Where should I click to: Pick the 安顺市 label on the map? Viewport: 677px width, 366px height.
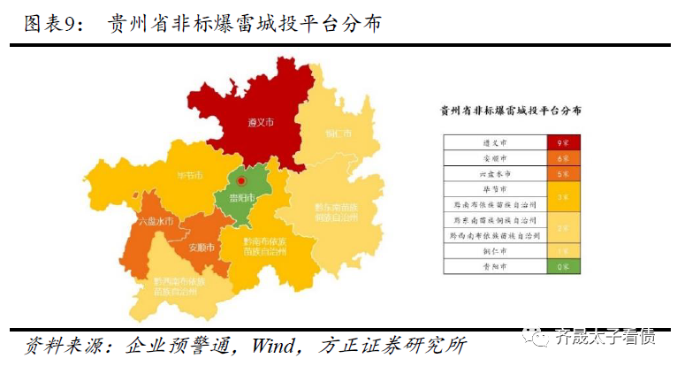tap(203, 248)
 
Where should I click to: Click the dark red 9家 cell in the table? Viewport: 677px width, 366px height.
tap(562, 142)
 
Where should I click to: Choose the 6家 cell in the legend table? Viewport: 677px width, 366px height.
tap(562, 158)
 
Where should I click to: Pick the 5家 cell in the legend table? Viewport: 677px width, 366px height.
tap(562, 174)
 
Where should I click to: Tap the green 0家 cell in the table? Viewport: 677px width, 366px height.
tap(562, 265)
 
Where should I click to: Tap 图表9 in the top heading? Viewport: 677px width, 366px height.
tap(50, 23)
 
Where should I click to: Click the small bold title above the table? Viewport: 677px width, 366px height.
tap(511, 111)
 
